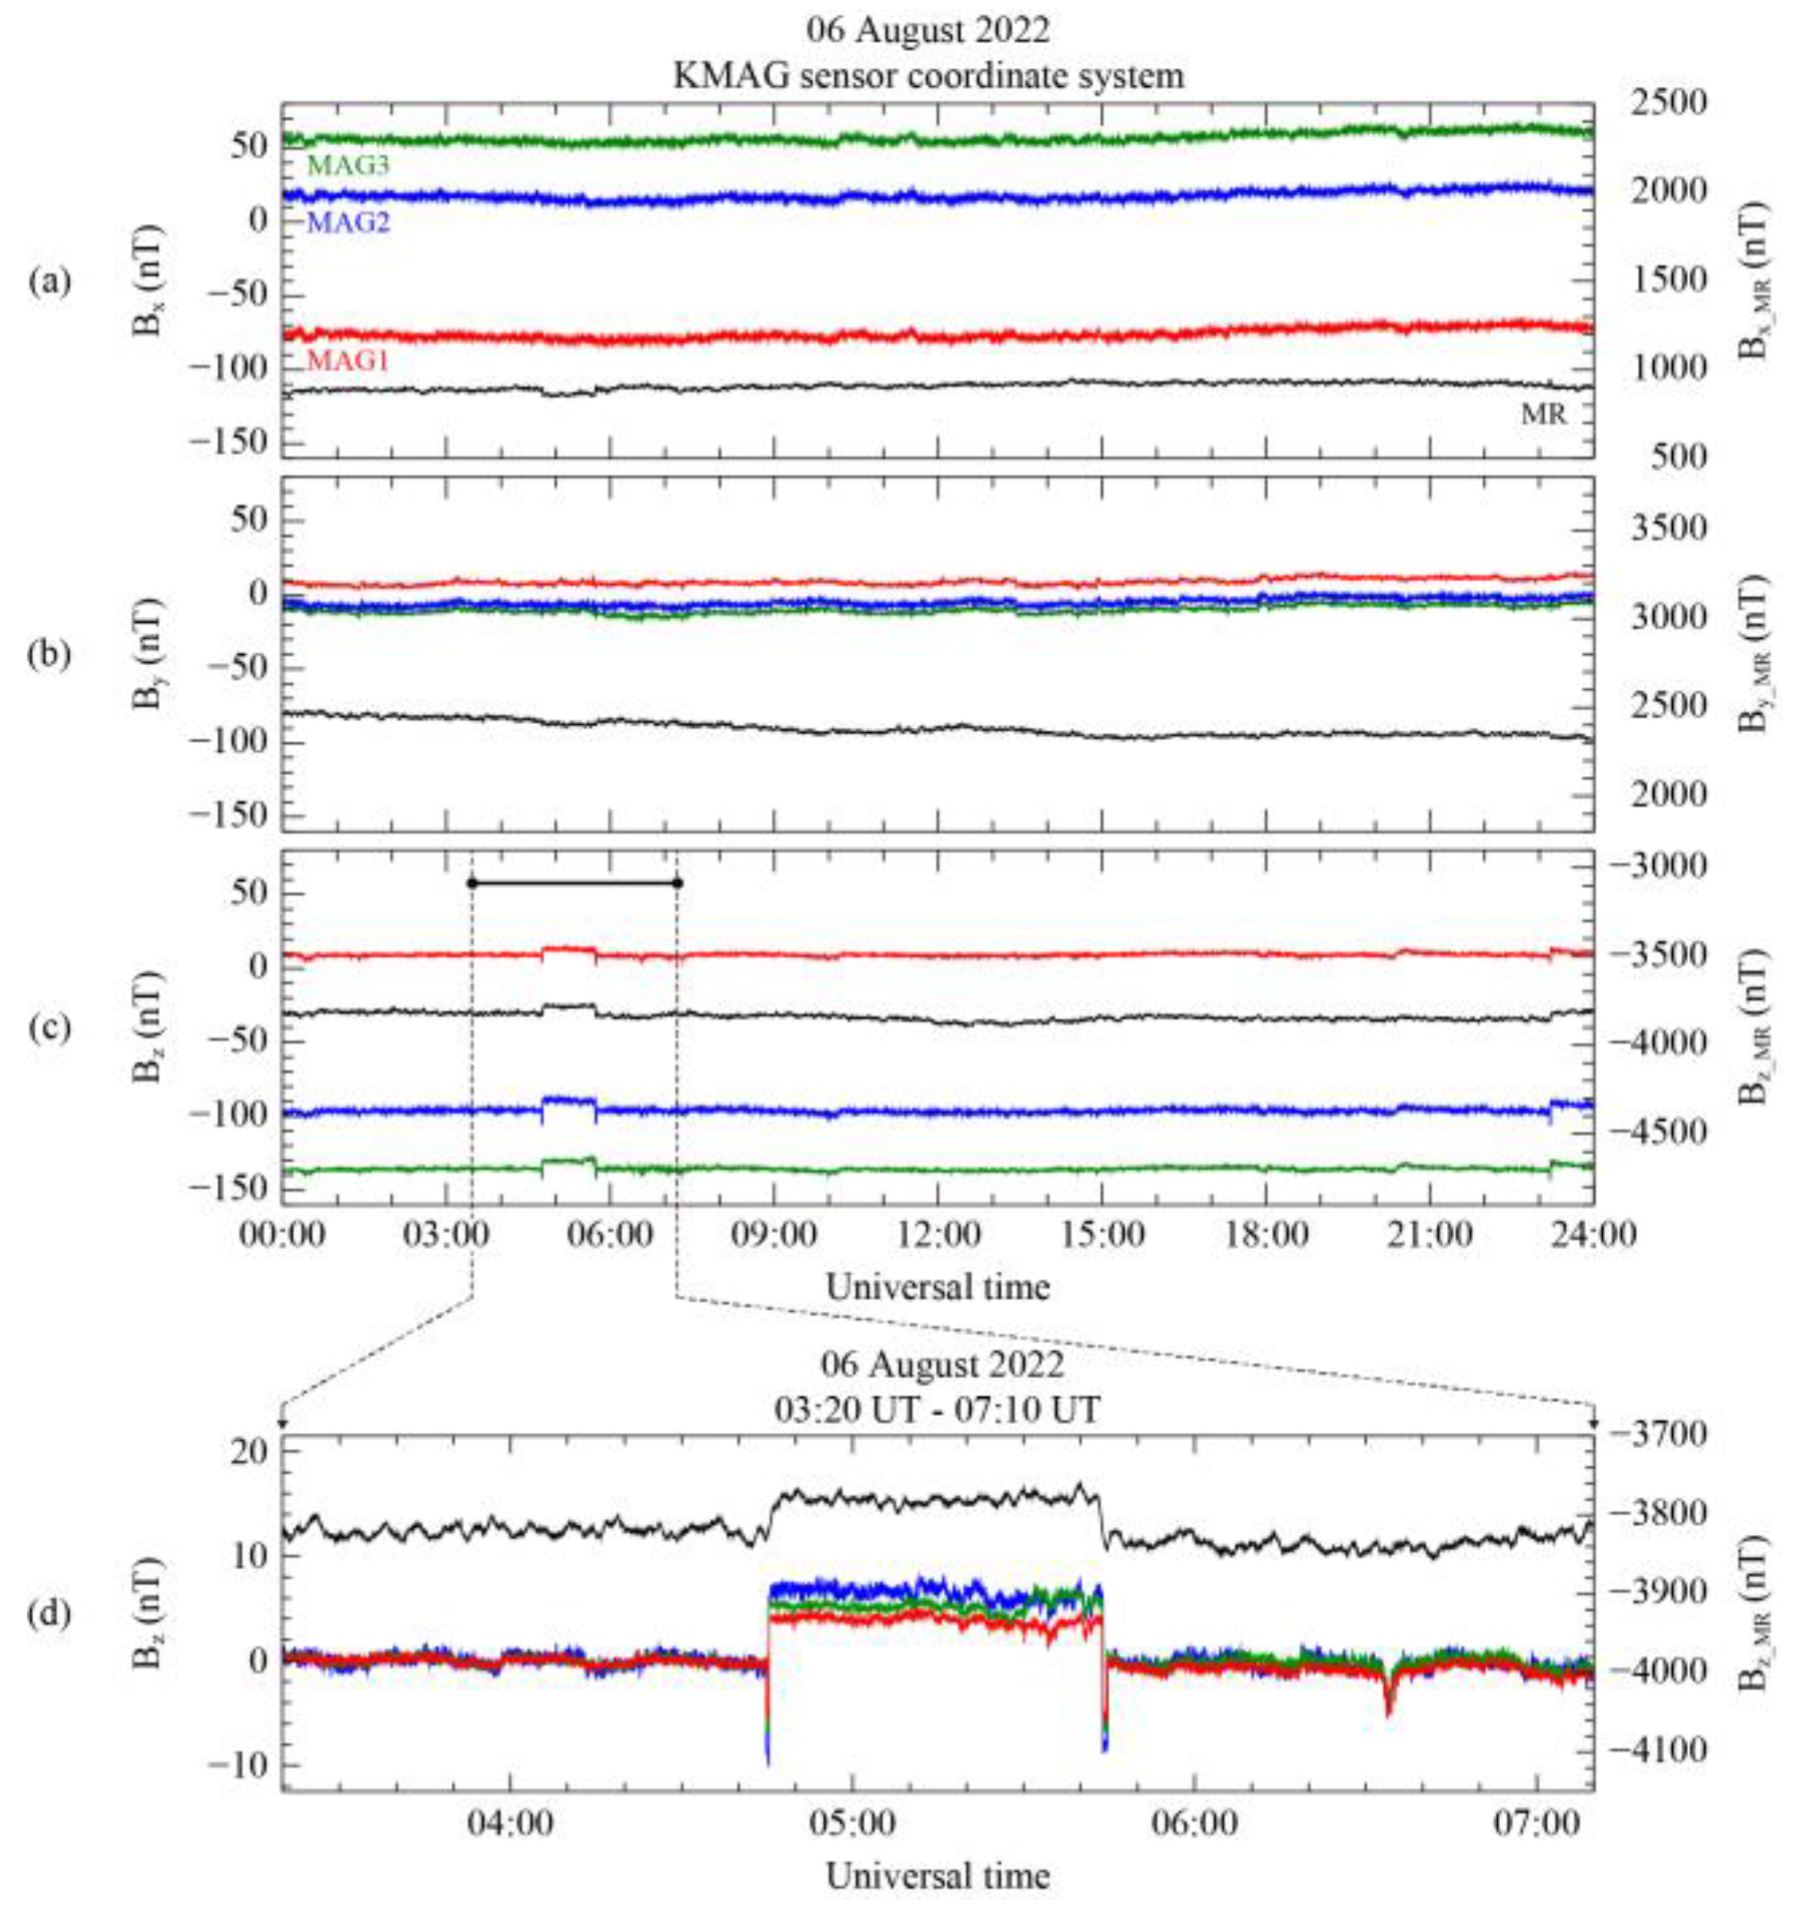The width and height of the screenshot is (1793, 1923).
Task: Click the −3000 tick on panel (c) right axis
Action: coord(1657,864)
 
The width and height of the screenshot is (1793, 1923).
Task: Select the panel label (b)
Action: coord(49,655)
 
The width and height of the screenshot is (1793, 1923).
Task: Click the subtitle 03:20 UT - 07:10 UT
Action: coord(937,1410)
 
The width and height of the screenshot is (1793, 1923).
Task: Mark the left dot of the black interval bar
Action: coord(472,882)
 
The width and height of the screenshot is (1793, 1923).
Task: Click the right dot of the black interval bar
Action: coord(678,882)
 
